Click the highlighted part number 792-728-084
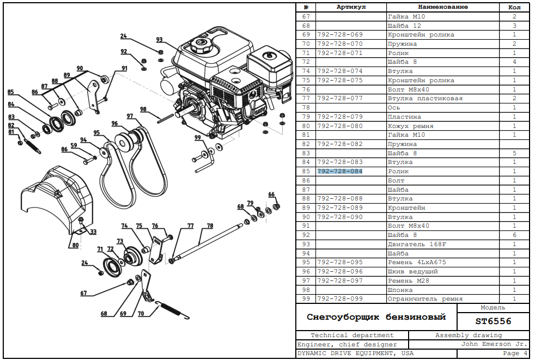[340, 172]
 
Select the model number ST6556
[493, 321]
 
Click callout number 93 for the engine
[159, 40]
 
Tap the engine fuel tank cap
[201, 45]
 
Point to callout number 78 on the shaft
[210, 225]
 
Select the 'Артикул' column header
[351, 7]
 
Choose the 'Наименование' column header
[442, 7]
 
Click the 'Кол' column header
[514, 7]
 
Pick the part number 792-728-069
[340, 35]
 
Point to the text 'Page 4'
[515, 353]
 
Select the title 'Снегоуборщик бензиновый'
[376, 317]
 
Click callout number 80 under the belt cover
[75, 246]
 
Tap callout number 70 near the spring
[141, 314]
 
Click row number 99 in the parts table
[306, 299]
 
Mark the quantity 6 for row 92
[514, 235]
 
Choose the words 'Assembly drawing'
[469, 335]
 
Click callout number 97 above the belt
[130, 116]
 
